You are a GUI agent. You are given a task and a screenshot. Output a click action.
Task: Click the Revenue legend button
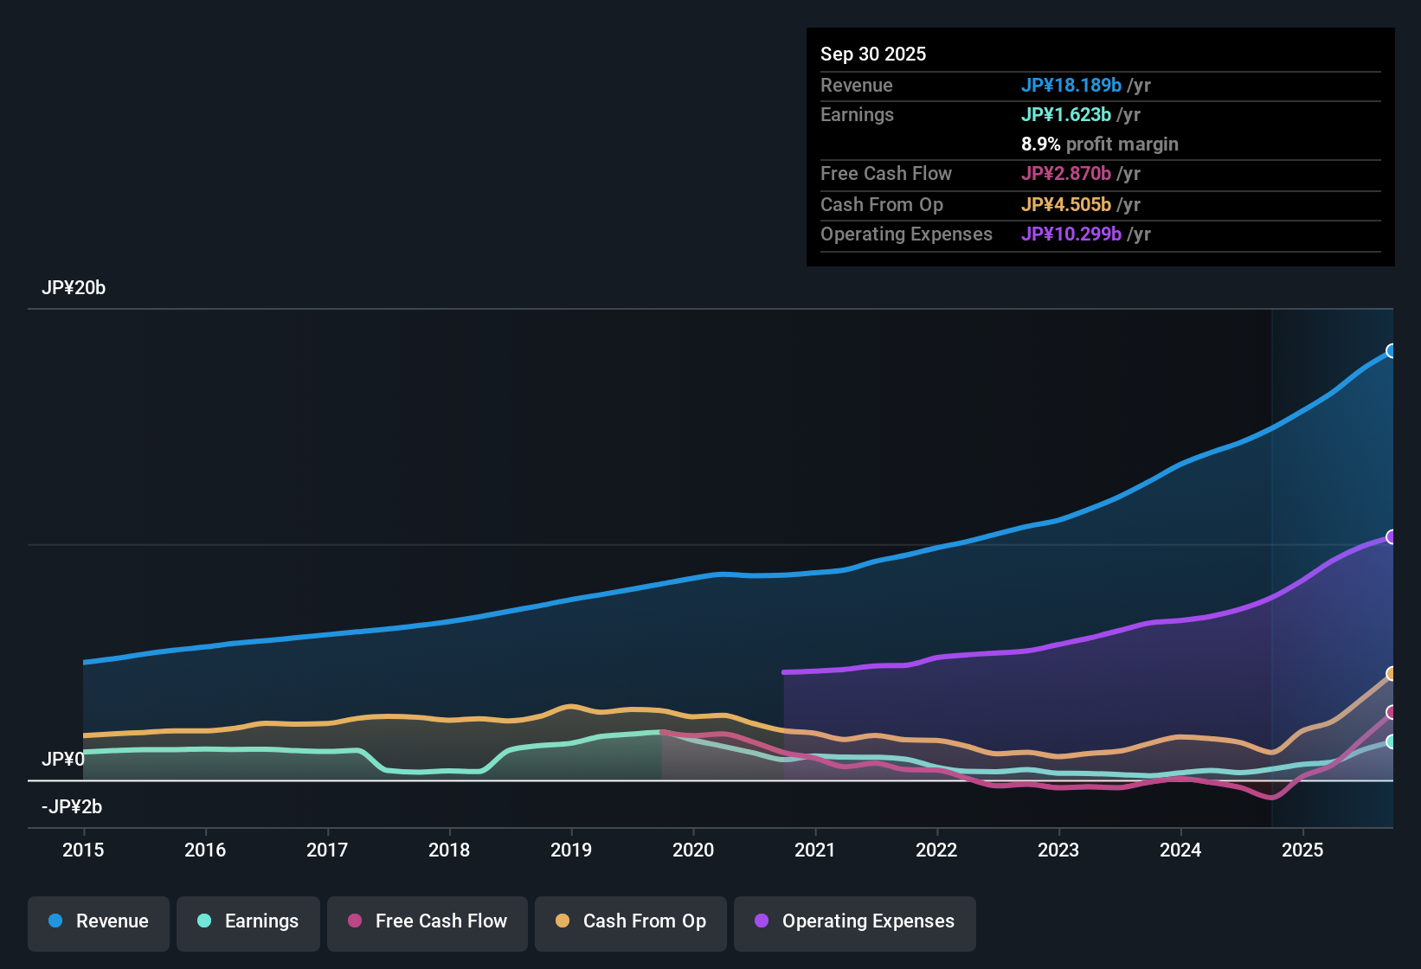pos(99,922)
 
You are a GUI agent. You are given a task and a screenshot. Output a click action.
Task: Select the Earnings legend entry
pos(248,922)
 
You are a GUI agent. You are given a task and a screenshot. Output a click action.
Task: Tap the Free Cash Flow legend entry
pos(428,922)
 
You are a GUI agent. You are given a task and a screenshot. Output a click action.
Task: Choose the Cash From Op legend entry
pos(631,922)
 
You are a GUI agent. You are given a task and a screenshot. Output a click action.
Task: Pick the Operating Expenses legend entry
pos(855,922)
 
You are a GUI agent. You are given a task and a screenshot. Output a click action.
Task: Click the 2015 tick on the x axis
pos(83,850)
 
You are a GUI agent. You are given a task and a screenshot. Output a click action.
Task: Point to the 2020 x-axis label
pos(693,850)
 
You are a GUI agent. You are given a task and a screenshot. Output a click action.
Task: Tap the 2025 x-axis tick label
pos(1302,850)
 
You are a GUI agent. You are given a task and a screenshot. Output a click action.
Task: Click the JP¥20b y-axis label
pos(74,288)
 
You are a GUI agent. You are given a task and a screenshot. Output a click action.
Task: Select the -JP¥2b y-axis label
pos(72,807)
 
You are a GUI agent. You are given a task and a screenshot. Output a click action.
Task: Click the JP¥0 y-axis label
pos(62,760)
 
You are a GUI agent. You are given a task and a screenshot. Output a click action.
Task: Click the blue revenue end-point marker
pos(1392,350)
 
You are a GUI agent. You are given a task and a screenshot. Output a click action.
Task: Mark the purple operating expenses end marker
pos(1392,537)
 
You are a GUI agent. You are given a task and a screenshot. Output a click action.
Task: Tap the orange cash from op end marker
pos(1392,674)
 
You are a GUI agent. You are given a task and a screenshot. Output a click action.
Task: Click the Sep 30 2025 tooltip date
pos(873,54)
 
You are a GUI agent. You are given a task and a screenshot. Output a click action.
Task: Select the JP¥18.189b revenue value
pos(1071,85)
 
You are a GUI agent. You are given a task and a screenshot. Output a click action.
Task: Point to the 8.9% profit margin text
pos(1100,144)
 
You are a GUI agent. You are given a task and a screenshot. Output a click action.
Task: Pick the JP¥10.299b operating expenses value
pos(1071,234)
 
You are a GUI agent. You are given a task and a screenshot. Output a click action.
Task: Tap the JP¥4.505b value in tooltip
pos(1066,205)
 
